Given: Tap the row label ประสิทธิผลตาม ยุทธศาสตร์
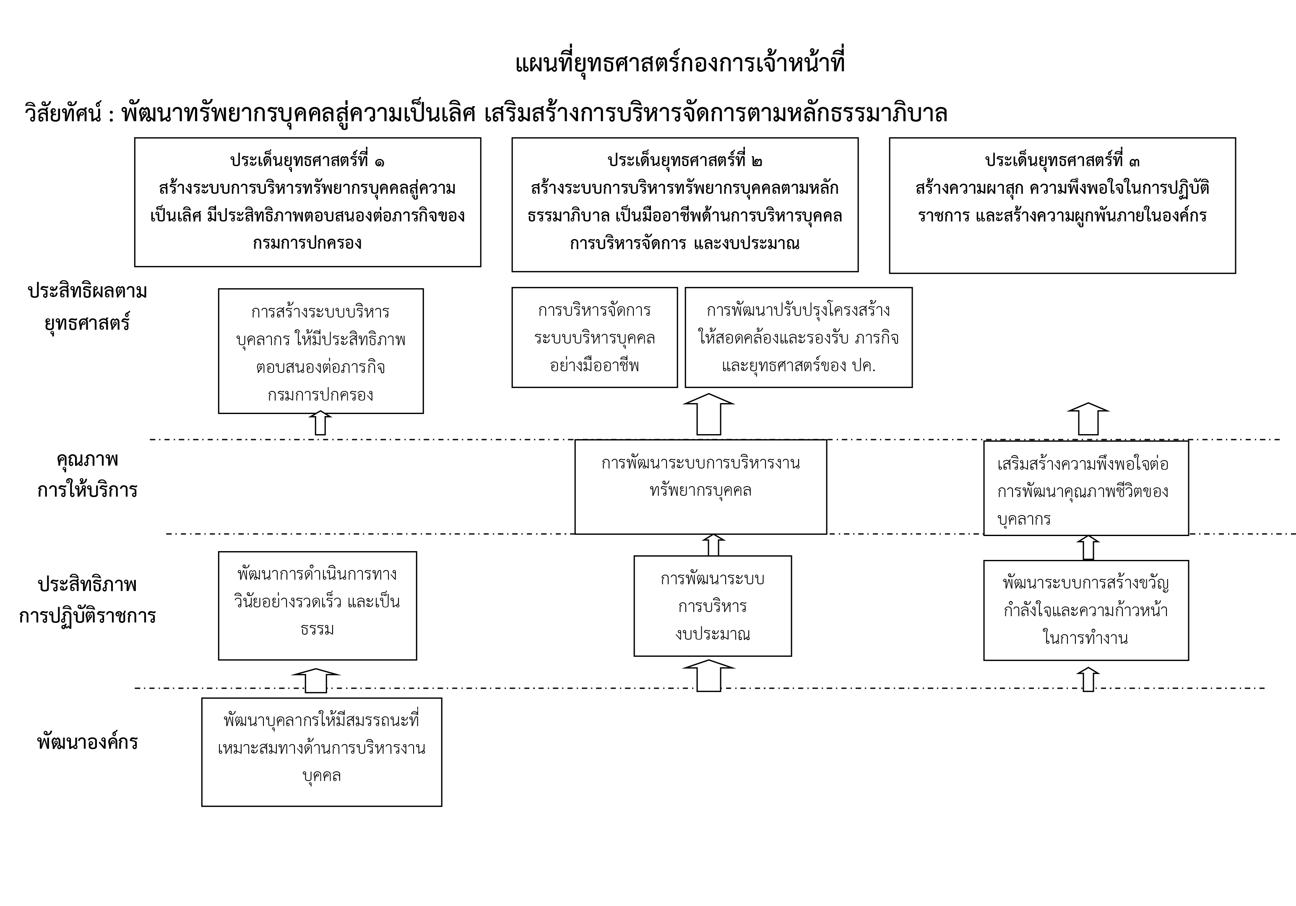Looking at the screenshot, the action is [88, 307].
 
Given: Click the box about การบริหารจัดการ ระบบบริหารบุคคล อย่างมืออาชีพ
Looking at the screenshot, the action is [594, 338].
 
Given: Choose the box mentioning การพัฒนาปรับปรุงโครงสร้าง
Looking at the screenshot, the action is [798, 338].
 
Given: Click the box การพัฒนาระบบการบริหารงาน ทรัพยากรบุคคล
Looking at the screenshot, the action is [700, 487].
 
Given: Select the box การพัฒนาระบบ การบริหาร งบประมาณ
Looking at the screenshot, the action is [712, 606].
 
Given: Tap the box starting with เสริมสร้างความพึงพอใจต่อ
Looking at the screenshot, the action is [1086, 488].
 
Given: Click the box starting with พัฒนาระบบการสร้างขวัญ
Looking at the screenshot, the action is [1086, 610].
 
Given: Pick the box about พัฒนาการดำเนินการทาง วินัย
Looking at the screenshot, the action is [317, 605].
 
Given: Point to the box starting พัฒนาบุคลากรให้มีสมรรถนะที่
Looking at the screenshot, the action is [322, 752].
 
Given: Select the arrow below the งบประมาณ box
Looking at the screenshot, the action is [708, 675].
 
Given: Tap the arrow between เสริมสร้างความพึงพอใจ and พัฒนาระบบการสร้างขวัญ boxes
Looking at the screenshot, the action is [1088, 547].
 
